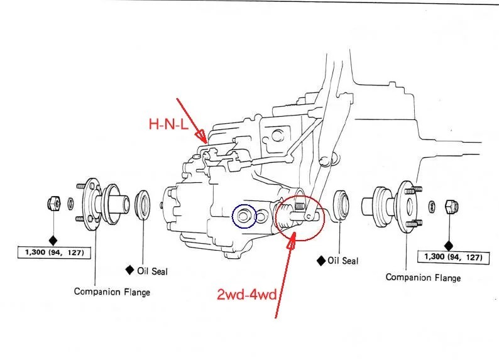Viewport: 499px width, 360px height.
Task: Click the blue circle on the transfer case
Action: pos(244,217)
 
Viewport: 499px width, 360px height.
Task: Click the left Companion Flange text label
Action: pos(112,292)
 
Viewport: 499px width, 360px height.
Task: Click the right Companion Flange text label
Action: pos(423,277)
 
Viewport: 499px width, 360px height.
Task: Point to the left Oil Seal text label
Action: pos(148,271)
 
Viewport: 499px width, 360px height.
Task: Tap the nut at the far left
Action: pos(53,204)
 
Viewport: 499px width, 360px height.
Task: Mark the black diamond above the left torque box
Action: pos(53,239)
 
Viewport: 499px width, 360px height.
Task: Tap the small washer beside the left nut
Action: pos(70,204)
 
